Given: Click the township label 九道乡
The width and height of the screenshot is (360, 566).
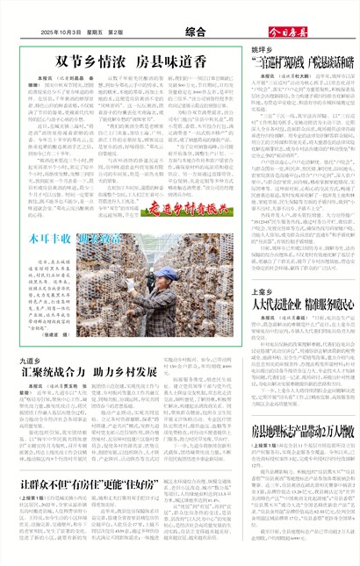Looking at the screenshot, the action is pos(27,336).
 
